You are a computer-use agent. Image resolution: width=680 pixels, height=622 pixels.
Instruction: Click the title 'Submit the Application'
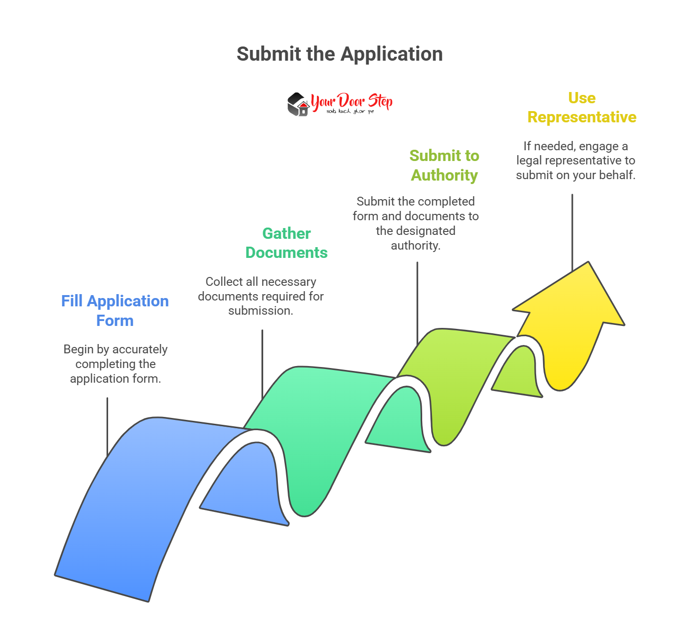pos(340,54)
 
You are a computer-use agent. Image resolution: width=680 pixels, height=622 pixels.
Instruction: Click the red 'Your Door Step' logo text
pos(351,101)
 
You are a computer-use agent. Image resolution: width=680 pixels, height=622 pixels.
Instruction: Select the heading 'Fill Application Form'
pos(115,310)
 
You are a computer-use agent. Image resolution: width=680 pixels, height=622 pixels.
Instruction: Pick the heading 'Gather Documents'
pos(286,243)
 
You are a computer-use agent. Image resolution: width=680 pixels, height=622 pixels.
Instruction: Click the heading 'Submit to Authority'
pos(444,165)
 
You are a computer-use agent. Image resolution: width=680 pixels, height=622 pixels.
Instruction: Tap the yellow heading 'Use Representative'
pos(582,107)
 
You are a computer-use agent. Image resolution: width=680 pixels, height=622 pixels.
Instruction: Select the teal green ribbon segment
pos(318,431)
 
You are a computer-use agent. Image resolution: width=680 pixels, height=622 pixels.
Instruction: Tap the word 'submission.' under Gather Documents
pos(261,311)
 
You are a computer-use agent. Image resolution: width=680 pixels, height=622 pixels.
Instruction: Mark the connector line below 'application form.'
pos(107,426)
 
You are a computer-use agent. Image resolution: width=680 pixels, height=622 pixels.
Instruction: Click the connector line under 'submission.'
pos(262,362)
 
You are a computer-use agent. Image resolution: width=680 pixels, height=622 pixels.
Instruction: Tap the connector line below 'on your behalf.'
pos(572,230)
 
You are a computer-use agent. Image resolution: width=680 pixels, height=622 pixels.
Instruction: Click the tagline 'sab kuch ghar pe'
pos(350,112)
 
